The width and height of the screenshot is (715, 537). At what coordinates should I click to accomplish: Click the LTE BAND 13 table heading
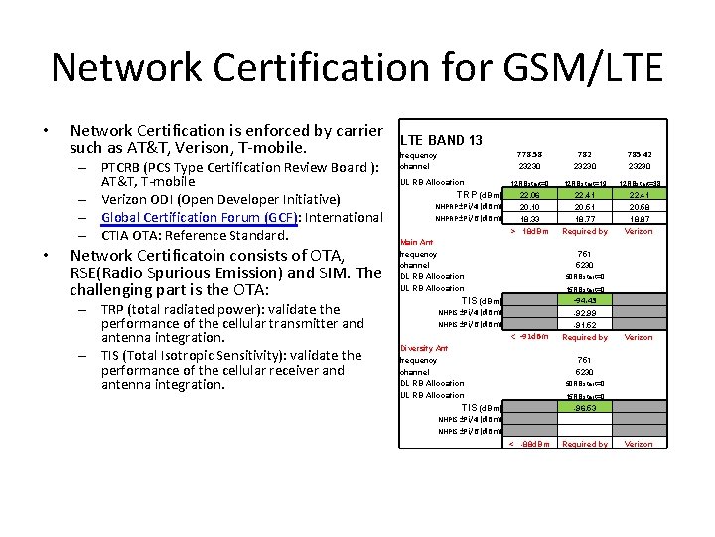(441, 140)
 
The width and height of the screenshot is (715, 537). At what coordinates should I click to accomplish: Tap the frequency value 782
(585, 154)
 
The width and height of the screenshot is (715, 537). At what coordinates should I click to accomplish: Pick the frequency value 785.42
(639, 154)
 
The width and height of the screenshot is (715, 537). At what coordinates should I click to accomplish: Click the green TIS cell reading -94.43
(585, 301)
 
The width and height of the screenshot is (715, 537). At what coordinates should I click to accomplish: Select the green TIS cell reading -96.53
(585, 408)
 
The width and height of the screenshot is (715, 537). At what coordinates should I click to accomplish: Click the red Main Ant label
(416, 242)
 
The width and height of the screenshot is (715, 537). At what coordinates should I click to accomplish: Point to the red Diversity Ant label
(424, 348)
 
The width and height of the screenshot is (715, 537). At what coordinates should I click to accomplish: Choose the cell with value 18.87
(639, 219)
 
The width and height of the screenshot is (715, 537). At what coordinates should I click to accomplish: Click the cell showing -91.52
(585, 325)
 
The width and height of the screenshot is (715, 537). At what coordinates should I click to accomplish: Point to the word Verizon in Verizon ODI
(125, 200)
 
